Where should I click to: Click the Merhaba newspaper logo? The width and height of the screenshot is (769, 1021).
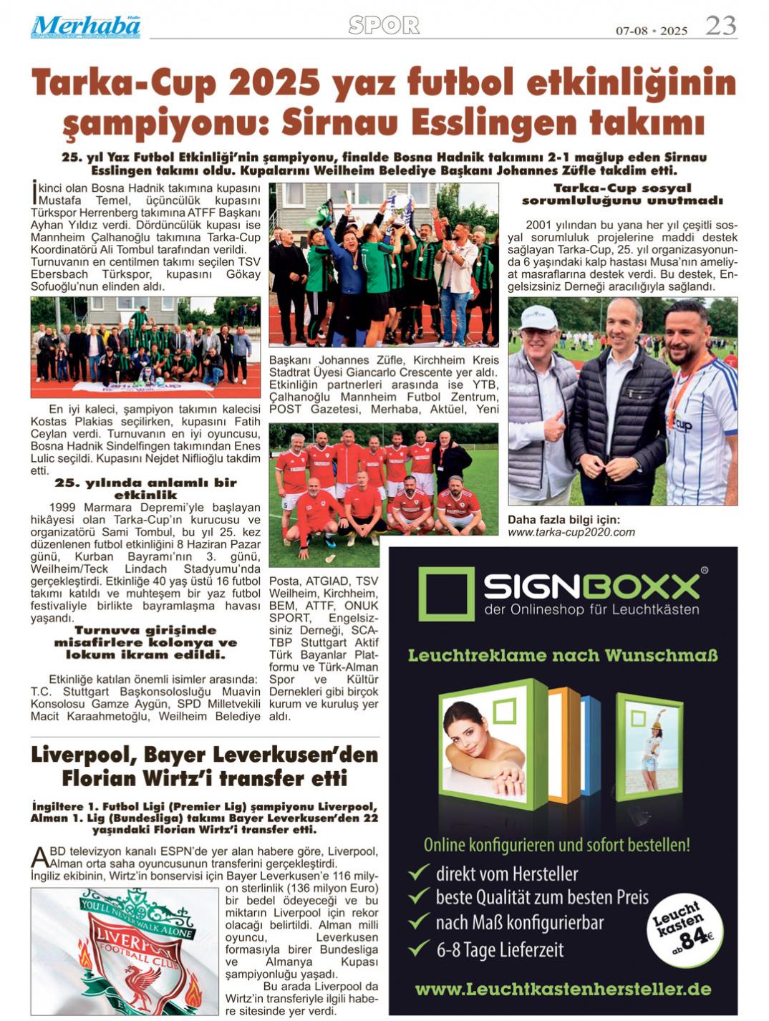coord(85,26)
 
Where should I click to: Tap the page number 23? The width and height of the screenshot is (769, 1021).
coord(720,26)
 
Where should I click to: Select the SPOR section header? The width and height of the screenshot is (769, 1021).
coord(384,26)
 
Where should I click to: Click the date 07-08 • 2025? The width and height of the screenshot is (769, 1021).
coord(651,31)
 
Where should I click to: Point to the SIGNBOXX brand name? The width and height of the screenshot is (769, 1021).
coord(591,586)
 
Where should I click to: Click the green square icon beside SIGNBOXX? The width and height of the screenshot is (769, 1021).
coord(446,594)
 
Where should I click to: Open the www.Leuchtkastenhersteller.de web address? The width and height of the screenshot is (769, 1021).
coord(563,989)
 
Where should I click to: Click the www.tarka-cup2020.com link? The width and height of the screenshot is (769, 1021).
coord(571,532)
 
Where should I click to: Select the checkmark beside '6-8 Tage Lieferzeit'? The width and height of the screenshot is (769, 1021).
coord(418,949)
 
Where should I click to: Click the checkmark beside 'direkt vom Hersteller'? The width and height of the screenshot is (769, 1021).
coord(418,872)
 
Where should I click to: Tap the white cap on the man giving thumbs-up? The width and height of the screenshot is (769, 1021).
coord(538,316)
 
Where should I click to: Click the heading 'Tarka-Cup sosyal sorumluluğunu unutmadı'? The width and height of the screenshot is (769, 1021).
coord(622,194)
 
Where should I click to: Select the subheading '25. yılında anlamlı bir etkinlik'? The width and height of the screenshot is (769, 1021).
coord(145,488)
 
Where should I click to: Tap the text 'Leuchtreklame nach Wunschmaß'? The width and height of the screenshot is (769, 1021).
coord(563,655)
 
